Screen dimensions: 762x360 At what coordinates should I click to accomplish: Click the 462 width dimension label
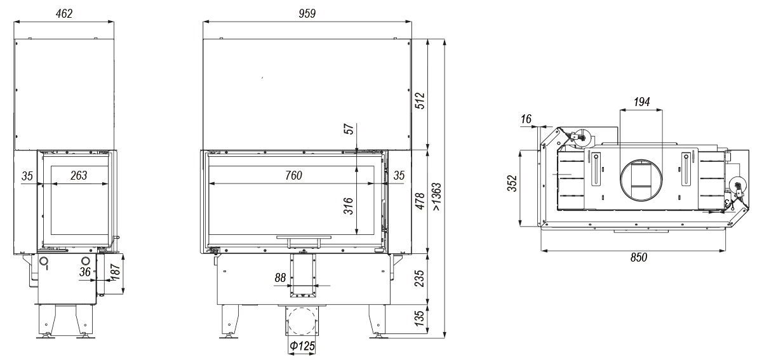64,13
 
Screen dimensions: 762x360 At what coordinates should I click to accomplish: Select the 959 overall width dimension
307,13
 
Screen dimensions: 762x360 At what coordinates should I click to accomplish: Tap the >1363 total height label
437,197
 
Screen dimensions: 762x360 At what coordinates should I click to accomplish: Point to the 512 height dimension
420,101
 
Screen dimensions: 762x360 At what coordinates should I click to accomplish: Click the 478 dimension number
420,201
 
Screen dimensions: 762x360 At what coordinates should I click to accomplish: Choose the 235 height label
420,278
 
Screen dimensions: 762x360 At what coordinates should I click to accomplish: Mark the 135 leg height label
420,319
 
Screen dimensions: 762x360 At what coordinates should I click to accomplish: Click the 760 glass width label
293,175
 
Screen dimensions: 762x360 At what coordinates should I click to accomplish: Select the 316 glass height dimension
349,206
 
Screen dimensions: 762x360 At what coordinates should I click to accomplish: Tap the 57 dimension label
349,129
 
